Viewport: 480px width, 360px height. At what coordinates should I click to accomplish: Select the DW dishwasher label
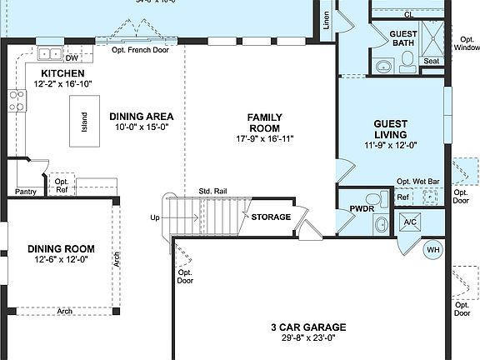pos(72,58)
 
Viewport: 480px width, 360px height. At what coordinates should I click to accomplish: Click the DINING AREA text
pos(141,117)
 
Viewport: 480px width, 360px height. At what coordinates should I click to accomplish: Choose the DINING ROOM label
pos(61,248)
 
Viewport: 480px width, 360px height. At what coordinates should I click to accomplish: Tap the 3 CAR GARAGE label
pos(308,327)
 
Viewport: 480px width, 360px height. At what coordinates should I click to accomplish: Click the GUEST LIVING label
pos(389,129)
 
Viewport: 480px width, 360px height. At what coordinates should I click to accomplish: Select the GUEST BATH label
pos(404,39)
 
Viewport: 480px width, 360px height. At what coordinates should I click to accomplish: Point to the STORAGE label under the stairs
pos(272,217)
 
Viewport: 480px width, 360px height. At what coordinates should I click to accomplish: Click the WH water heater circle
pos(434,249)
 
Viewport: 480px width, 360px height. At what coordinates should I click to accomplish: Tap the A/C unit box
pos(409,222)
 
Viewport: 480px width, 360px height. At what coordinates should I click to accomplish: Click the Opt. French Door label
pos(141,50)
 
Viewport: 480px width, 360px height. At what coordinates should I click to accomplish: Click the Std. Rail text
pos(212,192)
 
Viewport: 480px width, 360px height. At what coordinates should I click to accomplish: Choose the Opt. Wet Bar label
pos(419,182)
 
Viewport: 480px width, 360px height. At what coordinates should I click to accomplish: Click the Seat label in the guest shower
pos(432,62)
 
